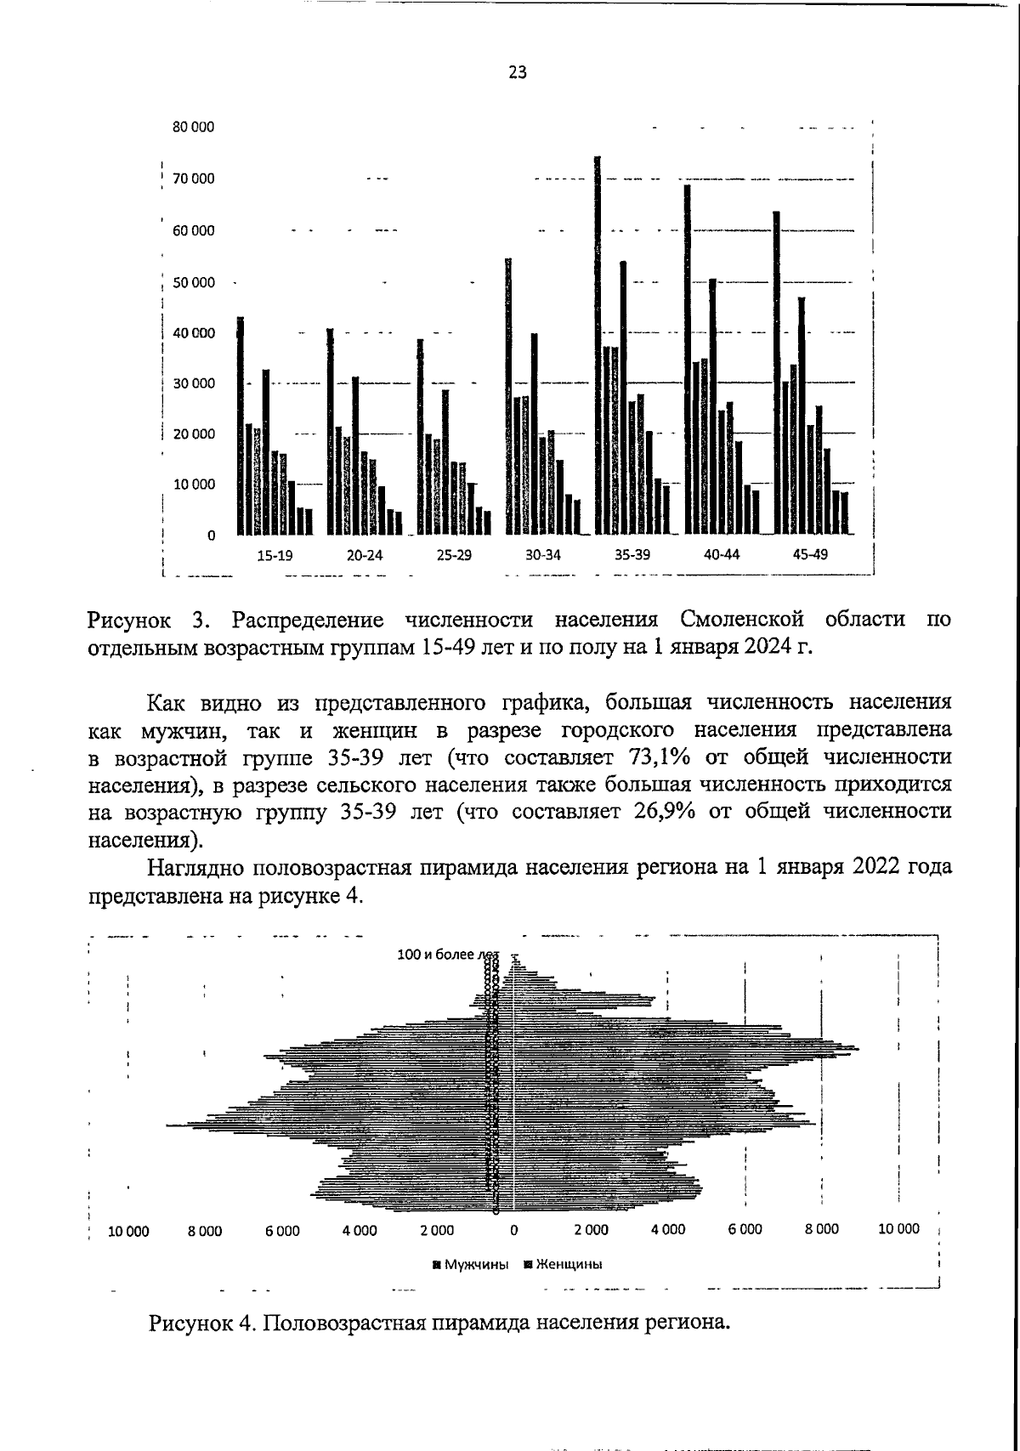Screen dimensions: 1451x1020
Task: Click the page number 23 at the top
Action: tap(518, 73)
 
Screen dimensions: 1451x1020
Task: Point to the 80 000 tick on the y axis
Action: tap(194, 128)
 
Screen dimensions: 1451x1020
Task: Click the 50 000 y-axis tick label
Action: tap(194, 282)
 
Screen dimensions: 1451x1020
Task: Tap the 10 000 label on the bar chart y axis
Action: tap(194, 485)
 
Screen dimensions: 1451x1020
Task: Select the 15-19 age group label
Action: tap(275, 555)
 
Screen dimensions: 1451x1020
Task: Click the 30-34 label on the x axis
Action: tap(543, 555)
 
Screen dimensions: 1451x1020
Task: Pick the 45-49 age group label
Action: tap(810, 555)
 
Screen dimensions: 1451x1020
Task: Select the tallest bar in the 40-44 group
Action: tap(687, 357)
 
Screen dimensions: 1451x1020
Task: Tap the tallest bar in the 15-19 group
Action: tap(241, 425)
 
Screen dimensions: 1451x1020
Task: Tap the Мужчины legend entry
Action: tap(471, 1264)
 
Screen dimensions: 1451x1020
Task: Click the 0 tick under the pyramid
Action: tap(513, 1230)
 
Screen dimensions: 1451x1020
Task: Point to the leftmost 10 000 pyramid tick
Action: tap(128, 1230)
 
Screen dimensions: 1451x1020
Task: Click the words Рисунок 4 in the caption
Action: tap(201, 1323)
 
